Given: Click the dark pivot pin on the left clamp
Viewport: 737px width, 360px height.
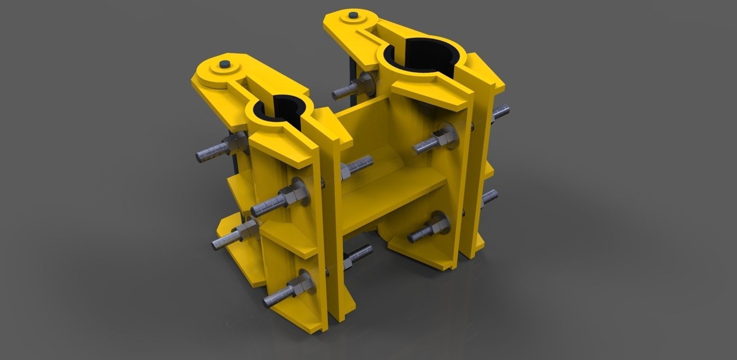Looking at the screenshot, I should [x=225, y=64].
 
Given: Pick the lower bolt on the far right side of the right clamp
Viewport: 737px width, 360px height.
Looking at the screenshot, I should [x=489, y=198].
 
